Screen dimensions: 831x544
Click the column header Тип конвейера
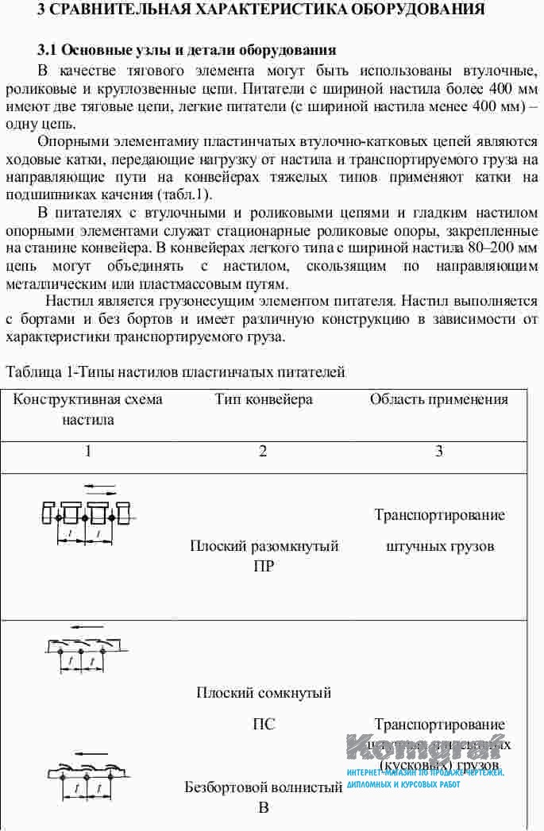pos(264,399)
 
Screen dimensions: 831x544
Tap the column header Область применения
pos(439,399)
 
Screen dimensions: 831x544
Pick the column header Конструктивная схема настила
pos(88,409)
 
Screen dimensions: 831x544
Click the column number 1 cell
pos(88,452)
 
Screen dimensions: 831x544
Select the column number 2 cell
pos(263,452)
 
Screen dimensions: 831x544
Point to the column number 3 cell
pos(439,452)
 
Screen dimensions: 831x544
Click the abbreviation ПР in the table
pos(264,566)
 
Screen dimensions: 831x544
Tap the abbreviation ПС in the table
pos(264,724)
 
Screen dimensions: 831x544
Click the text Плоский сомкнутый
pos(264,693)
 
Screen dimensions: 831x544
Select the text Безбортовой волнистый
pos(264,787)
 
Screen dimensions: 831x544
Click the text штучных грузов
pos(439,546)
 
